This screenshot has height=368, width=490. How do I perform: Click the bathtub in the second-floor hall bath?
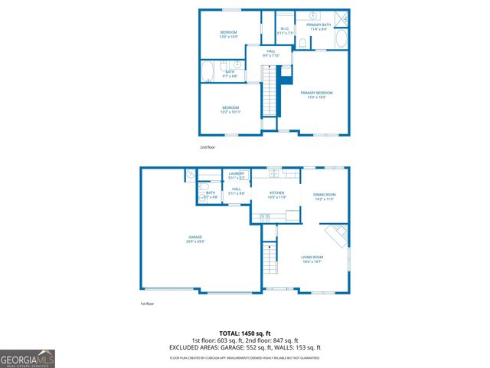pos(207,72)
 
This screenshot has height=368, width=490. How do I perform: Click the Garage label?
pos(194,240)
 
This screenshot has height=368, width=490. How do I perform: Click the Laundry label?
pos(237,176)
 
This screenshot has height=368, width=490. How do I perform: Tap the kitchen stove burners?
pos(265,218)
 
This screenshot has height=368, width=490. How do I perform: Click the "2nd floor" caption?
pos(208,146)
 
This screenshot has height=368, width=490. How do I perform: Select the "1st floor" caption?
pos(148,304)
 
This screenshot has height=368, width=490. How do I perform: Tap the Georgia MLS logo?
pos(28,358)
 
